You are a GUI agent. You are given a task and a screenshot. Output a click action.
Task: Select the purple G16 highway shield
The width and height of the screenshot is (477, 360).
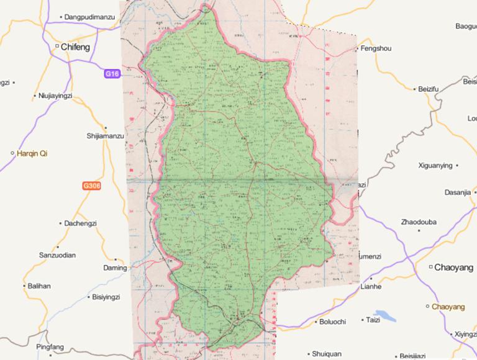[112, 74]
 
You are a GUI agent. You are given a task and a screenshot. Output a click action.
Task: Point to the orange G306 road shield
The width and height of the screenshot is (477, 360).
[91, 186]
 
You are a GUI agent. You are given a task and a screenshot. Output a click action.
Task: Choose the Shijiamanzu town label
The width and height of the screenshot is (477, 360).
[106, 135]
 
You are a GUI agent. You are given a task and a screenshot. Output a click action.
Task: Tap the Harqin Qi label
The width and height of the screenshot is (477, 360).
[32, 153]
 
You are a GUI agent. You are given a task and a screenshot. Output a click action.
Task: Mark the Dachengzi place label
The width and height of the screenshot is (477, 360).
[82, 223]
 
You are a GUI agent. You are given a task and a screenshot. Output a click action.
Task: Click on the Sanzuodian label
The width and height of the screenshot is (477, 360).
[57, 255]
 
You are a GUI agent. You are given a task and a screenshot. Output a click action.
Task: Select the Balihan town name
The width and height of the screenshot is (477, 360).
[39, 286]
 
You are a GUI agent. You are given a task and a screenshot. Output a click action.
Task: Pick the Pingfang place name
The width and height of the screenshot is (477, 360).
[50, 346]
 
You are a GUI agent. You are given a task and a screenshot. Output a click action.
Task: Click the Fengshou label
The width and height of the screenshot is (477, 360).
[378, 48]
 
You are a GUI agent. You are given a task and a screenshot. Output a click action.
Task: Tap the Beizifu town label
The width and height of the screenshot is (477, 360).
[429, 89]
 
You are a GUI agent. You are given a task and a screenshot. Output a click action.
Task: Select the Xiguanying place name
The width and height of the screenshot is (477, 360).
[437, 166]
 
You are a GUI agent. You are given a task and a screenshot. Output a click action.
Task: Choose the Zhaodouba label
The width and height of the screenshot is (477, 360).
[419, 222]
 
